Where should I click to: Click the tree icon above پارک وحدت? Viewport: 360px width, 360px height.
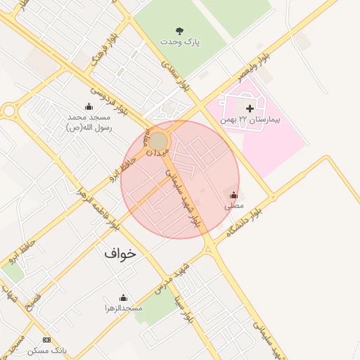(180, 31)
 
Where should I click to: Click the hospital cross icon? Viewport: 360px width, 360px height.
(250, 108)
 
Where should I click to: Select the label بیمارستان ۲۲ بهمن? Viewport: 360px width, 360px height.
(250, 120)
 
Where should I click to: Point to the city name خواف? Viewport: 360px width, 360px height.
(120, 254)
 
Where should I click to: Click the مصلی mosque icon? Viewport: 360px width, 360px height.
(233, 195)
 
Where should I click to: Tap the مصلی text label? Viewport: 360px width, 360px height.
(233, 207)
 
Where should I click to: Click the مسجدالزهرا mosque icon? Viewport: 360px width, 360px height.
(124, 297)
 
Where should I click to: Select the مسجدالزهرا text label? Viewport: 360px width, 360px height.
(124, 308)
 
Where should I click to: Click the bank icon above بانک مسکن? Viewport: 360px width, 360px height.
(47, 340)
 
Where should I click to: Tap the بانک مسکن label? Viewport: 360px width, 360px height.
(47, 350)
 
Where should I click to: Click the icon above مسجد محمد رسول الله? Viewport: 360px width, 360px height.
(89, 107)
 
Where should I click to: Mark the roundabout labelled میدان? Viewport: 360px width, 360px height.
(158, 141)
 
